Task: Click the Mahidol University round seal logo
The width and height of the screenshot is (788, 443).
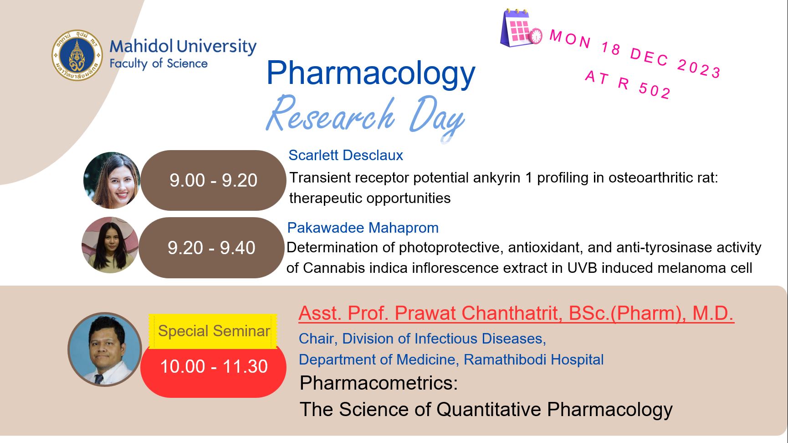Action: (77, 56)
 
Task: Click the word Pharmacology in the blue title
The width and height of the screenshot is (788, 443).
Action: (371, 73)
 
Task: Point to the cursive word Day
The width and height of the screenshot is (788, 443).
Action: (436, 117)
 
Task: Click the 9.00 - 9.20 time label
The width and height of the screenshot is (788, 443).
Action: (213, 180)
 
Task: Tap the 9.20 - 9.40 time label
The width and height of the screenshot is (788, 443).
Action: (211, 248)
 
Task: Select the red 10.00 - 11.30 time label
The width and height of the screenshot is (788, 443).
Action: (214, 366)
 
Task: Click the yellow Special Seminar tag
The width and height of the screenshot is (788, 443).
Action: (213, 331)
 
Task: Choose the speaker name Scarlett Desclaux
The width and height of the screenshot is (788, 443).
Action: (346, 155)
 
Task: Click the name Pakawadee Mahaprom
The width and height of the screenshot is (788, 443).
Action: (363, 228)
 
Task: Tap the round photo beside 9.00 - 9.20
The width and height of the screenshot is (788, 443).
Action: (112, 180)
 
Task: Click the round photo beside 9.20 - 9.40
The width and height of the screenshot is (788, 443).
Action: (110, 245)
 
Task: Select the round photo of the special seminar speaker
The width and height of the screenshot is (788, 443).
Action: (105, 349)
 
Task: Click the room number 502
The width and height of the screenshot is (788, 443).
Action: (655, 89)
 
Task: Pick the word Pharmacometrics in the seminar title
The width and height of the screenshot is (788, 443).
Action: (379, 383)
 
